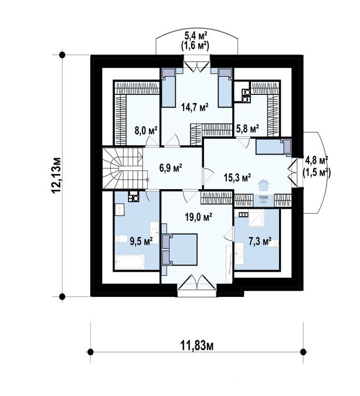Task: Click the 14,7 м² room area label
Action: (195, 107)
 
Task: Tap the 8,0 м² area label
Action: (146, 131)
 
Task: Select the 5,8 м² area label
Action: (247, 129)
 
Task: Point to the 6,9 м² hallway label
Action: (171, 168)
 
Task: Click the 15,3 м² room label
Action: (237, 177)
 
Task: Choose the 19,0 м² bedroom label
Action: (198, 217)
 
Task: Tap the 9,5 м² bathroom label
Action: (141, 241)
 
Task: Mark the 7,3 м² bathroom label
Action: (260, 241)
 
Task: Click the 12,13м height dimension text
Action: (56, 176)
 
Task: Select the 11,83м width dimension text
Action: (197, 346)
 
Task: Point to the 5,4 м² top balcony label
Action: (196, 36)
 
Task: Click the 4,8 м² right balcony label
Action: (317, 160)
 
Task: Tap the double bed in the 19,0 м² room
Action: (180, 250)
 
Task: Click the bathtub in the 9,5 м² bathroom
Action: (130, 262)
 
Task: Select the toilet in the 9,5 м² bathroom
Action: (121, 238)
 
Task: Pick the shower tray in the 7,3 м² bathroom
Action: (257, 217)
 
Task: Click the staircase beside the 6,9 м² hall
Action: (125, 168)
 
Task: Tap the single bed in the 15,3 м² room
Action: (274, 146)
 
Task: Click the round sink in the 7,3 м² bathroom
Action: (239, 253)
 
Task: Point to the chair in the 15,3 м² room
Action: (264, 199)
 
